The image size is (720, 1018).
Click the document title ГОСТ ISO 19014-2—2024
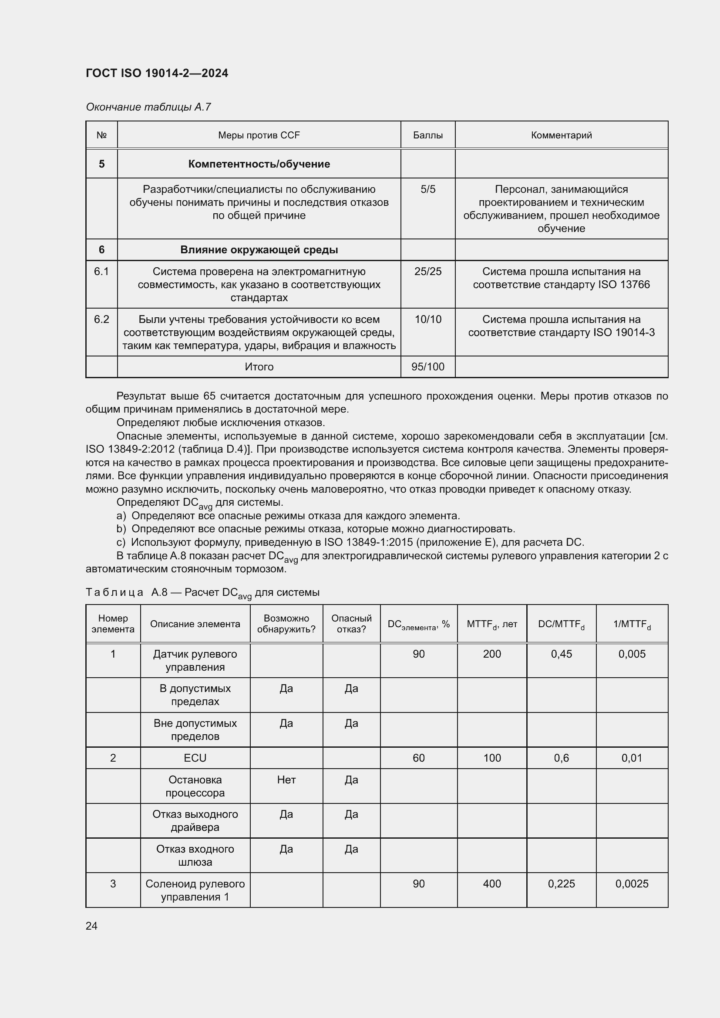pos(157,73)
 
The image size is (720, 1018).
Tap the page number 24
pos(92,926)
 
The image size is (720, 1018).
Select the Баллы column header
pos(428,135)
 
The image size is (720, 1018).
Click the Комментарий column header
pos(561,135)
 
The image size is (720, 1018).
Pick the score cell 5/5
pos(428,189)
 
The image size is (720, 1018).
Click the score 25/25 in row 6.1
pos(428,271)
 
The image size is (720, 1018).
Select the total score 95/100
pos(428,366)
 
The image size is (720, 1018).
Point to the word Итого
pos(259,366)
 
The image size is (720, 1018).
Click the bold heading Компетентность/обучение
pos(259,164)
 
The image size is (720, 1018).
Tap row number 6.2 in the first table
pos(101,319)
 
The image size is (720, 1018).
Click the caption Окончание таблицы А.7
pos(148,107)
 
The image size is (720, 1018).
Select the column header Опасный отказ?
pos(351,624)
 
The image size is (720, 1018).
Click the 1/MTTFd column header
pos(632,624)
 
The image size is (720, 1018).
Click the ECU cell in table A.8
pos(195,758)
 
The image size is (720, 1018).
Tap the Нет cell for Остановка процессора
pos(286,779)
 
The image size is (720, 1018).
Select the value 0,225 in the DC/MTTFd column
pos(561,884)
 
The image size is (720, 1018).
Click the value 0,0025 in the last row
pos(632,884)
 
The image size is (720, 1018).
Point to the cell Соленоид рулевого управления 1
pos(195,890)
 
